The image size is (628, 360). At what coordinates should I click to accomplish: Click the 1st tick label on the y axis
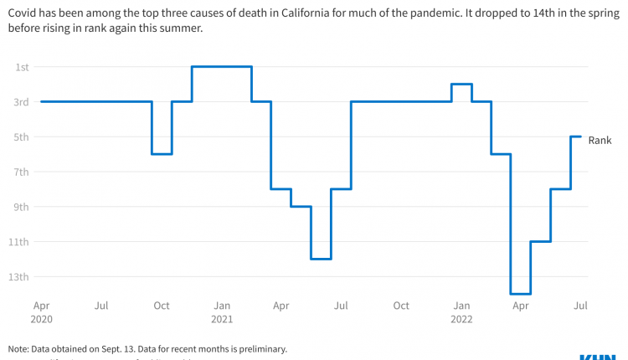[22, 67]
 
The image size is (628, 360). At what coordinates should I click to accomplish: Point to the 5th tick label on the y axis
[22, 137]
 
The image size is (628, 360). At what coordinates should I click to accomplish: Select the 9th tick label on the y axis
[22, 207]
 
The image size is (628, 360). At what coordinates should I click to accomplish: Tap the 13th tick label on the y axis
[20, 277]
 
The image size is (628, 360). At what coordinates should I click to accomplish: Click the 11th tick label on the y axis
[20, 242]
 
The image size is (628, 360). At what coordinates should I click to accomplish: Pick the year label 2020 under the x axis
[40, 319]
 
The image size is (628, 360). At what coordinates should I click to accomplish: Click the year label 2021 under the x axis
[222, 319]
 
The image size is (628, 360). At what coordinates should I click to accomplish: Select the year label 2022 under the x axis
[461, 319]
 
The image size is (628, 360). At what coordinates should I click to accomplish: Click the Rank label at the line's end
[600, 141]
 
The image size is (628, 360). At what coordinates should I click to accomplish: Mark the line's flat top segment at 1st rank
[222, 66]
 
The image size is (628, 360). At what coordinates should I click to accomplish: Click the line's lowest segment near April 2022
[520, 294]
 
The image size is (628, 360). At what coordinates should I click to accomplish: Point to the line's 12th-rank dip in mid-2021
[321, 259]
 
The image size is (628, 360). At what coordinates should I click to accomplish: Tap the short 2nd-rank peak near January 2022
[461, 84]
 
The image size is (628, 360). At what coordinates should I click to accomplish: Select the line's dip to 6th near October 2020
[162, 154]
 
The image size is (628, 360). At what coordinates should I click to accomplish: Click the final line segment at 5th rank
[576, 136]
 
